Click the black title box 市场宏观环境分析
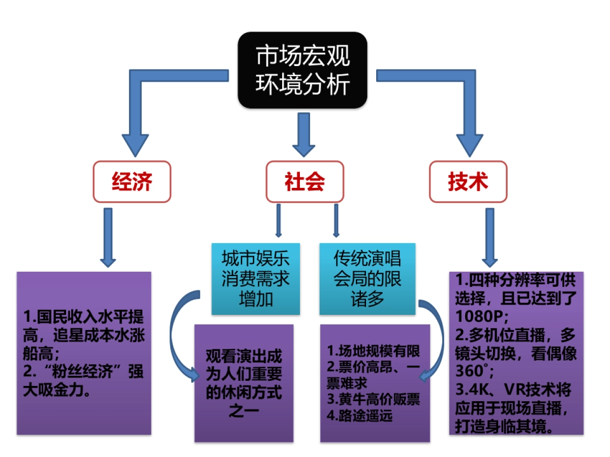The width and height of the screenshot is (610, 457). [303, 70]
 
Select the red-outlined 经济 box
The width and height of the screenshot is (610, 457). [132, 182]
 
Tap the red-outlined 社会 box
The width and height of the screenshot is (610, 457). [304, 182]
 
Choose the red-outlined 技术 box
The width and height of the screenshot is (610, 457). [468, 182]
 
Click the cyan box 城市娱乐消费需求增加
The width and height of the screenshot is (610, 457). [256, 278]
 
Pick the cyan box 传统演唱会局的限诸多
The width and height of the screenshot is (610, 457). [367, 278]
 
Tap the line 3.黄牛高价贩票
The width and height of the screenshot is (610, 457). [373, 400]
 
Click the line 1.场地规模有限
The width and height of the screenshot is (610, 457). [374, 351]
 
